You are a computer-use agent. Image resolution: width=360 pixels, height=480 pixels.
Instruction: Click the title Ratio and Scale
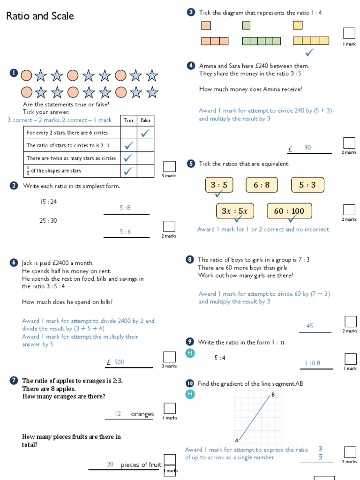pyautogui.click(x=40, y=16)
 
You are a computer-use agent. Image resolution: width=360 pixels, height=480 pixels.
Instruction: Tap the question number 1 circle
pyautogui.click(x=13, y=73)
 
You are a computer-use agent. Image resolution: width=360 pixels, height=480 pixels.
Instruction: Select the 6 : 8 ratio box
pyautogui.click(x=262, y=185)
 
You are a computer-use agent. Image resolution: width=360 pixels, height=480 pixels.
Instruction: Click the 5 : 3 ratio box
pyautogui.click(x=307, y=185)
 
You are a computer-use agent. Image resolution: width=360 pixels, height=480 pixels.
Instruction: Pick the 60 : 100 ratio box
pyautogui.click(x=289, y=211)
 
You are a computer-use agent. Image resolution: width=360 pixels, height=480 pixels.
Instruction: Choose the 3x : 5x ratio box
pyautogui.click(x=234, y=211)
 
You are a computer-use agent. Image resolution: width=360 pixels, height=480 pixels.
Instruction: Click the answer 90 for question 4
pyautogui.click(x=307, y=148)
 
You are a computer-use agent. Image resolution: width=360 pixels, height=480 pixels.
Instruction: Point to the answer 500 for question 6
pyautogui.click(x=119, y=362)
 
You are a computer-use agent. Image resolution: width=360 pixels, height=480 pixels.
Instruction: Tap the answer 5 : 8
pyautogui.click(x=125, y=208)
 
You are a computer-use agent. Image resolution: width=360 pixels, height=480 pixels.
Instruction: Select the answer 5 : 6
pyautogui.click(x=125, y=231)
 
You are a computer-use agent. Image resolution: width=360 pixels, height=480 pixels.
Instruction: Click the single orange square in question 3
pyautogui.click(x=206, y=25)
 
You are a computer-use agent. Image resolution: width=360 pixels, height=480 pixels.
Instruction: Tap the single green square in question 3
pyautogui.click(x=246, y=25)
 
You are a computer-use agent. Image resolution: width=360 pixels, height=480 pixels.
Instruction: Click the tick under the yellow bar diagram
pyautogui.click(x=309, y=52)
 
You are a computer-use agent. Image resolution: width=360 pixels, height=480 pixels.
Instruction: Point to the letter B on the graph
pyautogui.click(x=273, y=395)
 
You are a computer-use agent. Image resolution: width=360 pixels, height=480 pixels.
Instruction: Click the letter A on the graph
pyautogui.click(x=237, y=440)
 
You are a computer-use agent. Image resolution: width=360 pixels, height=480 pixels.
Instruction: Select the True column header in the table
pyautogui.click(x=128, y=120)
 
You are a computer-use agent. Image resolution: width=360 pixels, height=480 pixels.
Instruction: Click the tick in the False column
pyautogui.click(x=146, y=133)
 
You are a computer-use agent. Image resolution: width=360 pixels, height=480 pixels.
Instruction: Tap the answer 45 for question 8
pyautogui.click(x=310, y=326)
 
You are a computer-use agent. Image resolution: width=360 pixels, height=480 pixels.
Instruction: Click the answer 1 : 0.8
pyautogui.click(x=312, y=362)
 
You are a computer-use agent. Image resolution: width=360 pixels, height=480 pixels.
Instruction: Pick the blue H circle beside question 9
pyautogui.click(x=190, y=353)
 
